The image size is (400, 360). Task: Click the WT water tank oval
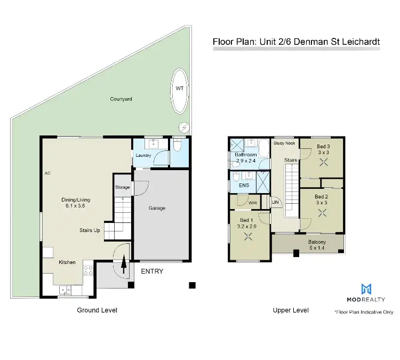(180, 91)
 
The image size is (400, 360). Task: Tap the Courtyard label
(121, 99)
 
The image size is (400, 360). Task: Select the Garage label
(157, 208)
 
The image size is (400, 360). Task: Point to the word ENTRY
(152, 271)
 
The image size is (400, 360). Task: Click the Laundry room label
(143, 156)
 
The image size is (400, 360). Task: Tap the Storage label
(123, 187)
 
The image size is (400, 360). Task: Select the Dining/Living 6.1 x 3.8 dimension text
(75, 204)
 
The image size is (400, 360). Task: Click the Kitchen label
(67, 262)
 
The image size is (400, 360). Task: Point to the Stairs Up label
(89, 230)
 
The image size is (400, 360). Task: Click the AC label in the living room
(47, 174)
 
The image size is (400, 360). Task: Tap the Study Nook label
(284, 143)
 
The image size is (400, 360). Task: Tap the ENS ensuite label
(244, 186)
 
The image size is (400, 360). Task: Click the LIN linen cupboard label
(275, 202)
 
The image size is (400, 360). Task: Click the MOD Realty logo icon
(366, 289)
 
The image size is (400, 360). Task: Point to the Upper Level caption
(291, 310)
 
